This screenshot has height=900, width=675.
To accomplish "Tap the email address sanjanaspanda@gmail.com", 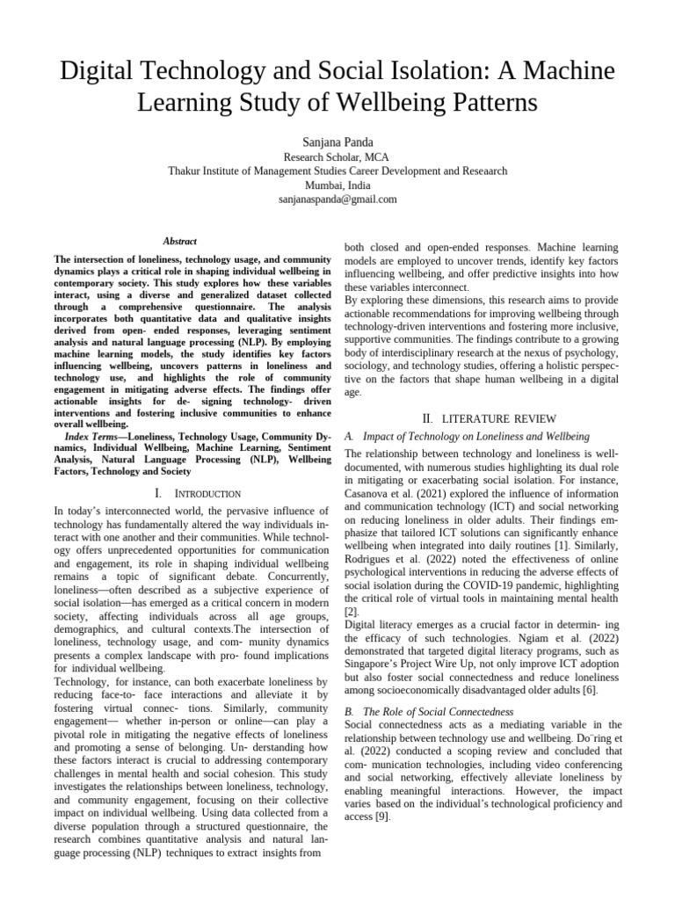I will tap(337, 200).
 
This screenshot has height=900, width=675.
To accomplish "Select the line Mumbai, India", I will tap(337, 185).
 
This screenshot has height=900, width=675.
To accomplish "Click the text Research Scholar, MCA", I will tap(337, 156).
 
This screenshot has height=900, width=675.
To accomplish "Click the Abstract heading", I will tap(180, 241).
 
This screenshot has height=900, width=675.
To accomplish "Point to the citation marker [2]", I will tap(350, 610).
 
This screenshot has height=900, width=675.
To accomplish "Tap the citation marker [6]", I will tap(592, 691).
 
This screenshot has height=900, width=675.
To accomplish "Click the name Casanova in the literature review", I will tap(369, 495).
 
